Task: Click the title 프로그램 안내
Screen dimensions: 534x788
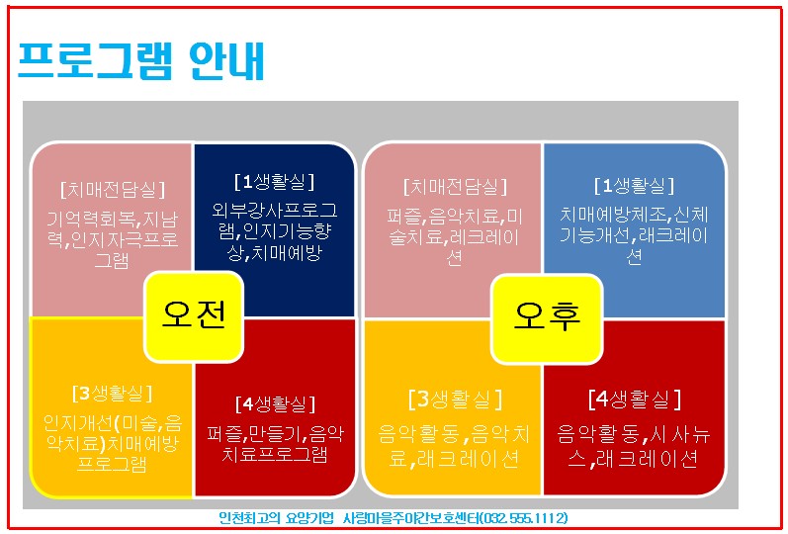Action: click(141, 61)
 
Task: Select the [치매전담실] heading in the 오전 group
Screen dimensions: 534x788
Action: click(112, 189)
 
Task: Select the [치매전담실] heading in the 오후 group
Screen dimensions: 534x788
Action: click(455, 187)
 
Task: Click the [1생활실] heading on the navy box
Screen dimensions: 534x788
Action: click(274, 182)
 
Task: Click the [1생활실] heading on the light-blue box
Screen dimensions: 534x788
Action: click(634, 186)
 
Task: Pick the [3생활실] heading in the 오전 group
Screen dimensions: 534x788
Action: click(112, 394)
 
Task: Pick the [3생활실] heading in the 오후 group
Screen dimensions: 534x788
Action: click(455, 400)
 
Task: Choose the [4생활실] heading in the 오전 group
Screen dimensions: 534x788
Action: click(274, 404)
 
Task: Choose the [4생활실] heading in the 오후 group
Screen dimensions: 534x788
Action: click(634, 400)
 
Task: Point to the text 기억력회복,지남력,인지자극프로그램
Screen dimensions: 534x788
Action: click(112, 238)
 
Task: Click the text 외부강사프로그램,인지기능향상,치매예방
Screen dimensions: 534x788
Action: click(274, 231)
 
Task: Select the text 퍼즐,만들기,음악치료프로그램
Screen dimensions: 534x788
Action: click(274, 444)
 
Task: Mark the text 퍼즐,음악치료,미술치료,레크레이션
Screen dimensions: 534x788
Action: click(455, 236)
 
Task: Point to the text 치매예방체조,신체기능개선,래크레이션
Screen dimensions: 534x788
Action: click(634, 235)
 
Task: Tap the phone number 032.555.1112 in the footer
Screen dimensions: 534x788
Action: click(520, 518)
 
